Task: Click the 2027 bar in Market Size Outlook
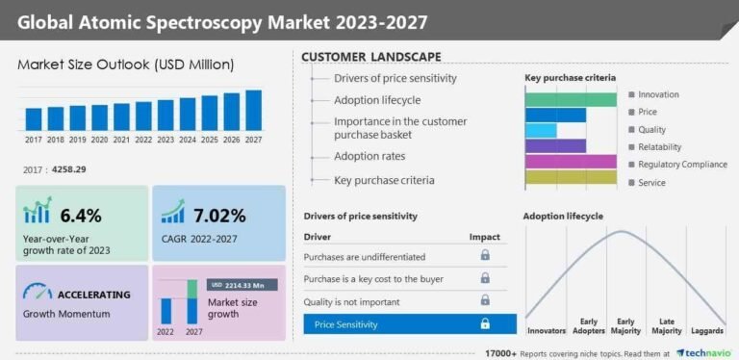[x=253, y=110]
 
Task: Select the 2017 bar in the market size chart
[x=34, y=118]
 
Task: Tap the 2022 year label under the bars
[x=143, y=139]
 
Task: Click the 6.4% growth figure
[x=81, y=215]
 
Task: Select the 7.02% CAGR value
[x=218, y=215]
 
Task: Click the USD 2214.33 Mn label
[x=242, y=285]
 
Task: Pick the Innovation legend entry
[x=658, y=94]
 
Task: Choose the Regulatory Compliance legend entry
[x=681, y=164]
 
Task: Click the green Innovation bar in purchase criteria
[x=571, y=99]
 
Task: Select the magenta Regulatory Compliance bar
[x=571, y=161]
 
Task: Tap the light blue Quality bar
[x=541, y=130]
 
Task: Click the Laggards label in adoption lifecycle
[x=708, y=331]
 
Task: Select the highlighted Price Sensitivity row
[x=409, y=324]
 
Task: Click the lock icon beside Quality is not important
[x=485, y=300]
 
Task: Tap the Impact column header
[x=484, y=236]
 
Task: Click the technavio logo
[x=707, y=352]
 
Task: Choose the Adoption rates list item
[x=369, y=156]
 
